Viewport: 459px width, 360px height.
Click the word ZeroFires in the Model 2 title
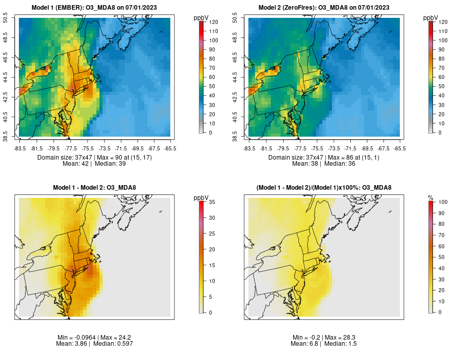point(301,8)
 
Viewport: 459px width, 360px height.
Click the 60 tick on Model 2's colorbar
point(443,77)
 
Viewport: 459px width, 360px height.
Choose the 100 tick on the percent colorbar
point(443,203)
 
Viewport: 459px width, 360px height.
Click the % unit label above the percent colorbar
point(430,197)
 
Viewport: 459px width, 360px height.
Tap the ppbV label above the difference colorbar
point(201,197)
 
